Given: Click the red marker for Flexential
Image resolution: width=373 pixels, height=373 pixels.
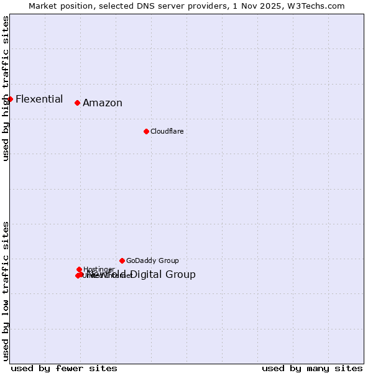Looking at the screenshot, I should pos(10,99).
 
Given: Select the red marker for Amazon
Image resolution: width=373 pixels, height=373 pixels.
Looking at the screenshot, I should pos(77,103).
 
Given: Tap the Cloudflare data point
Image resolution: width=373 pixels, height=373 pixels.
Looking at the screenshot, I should pos(146,131).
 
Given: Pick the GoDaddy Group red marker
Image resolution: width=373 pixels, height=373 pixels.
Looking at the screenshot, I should pos(122,260).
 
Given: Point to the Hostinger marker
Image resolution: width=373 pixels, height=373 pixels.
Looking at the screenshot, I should pos(79,269).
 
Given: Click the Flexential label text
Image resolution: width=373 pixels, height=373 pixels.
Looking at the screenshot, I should pos(39,99).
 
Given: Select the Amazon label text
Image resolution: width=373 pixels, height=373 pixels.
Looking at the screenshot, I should pos(103,103).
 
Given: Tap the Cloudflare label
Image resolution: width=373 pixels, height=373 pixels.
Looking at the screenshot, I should pos(167,131).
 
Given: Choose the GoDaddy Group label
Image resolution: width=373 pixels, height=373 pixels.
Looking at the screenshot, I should pos(152,260).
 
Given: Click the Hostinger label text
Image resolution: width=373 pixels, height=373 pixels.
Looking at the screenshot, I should pos(99,269).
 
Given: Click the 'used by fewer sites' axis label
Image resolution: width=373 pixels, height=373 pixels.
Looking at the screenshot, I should pos(64,368).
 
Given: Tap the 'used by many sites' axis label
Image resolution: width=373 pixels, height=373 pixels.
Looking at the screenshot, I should pos(312,368).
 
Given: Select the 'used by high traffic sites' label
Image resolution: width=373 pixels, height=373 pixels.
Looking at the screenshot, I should pos(6,88).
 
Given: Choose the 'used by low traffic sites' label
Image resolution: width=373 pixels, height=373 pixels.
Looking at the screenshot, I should pos(6,290).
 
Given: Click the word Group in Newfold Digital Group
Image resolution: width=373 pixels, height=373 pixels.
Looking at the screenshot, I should pos(181,275).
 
